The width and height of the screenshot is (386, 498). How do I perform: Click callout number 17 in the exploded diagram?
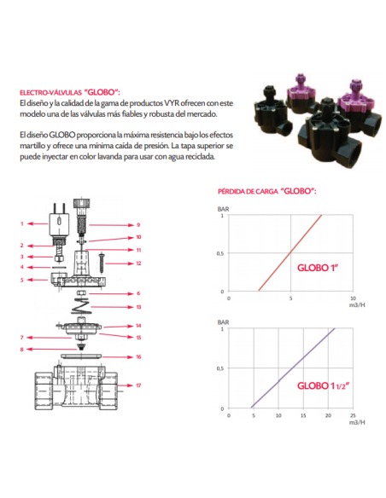click(x=138, y=385)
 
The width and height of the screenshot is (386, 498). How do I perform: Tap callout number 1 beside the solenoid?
click(x=22, y=223)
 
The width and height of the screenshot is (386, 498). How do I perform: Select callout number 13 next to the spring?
click(x=138, y=307)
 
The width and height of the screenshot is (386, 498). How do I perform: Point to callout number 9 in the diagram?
click(x=138, y=225)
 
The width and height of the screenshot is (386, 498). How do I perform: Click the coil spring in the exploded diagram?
click(x=82, y=306)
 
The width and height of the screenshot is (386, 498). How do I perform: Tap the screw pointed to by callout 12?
click(x=102, y=263)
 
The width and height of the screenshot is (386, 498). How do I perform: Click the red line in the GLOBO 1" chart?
click(x=290, y=252)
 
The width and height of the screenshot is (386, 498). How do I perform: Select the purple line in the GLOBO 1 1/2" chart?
click(x=293, y=368)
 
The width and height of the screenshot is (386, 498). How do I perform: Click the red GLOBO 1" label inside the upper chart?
click(x=318, y=268)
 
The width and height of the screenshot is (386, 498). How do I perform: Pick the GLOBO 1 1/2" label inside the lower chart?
click(x=323, y=385)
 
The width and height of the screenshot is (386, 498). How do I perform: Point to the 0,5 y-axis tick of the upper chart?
click(x=220, y=253)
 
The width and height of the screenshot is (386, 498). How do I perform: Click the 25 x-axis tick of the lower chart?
click(x=353, y=415)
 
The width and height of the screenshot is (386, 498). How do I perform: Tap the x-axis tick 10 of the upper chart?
click(x=353, y=298)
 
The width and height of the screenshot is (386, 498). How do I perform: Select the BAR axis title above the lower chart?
click(x=223, y=322)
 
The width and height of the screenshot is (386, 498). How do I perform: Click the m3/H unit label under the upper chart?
click(x=357, y=305)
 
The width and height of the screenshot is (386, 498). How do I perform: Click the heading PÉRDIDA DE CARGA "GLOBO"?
click(x=266, y=191)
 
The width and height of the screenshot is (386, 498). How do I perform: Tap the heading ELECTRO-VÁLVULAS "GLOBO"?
click(x=70, y=92)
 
